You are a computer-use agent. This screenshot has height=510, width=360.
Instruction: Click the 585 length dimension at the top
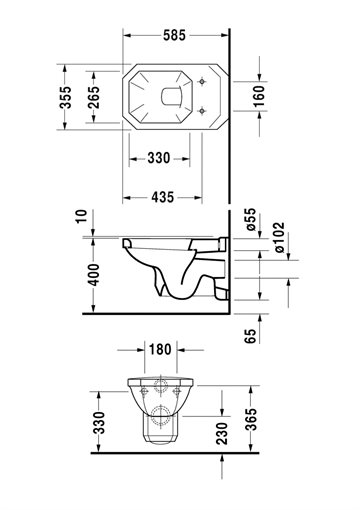174,35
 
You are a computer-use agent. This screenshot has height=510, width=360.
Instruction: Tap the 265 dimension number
94,97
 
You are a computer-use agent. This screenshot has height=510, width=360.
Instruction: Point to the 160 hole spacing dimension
259,96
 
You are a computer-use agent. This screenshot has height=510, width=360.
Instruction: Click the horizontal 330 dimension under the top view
159,158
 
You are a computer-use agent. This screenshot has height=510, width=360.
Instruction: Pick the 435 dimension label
163,197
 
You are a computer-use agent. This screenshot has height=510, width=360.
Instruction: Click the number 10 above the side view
81,216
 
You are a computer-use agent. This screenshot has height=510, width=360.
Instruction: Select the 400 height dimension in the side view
94,275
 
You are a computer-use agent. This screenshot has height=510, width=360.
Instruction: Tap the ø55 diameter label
251,219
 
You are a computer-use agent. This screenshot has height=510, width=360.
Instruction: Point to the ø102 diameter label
279,237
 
